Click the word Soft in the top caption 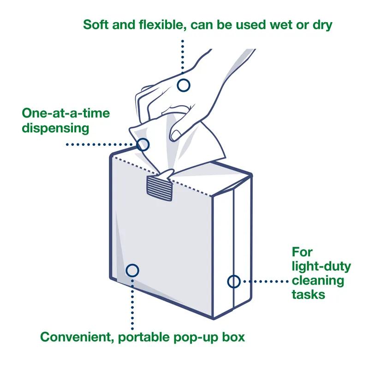[x=96, y=24]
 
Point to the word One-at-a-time [x=66, y=113]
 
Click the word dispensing [x=55, y=128]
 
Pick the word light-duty [x=321, y=266]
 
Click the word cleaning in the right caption [x=318, y=280]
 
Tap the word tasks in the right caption [x=308, y=294]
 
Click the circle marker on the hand [x=184, y=85]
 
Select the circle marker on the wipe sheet [x=143, y=144]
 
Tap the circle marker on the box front [x=133, y=270]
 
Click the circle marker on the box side [x=234, y=281]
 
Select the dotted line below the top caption [x=183, y=55]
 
